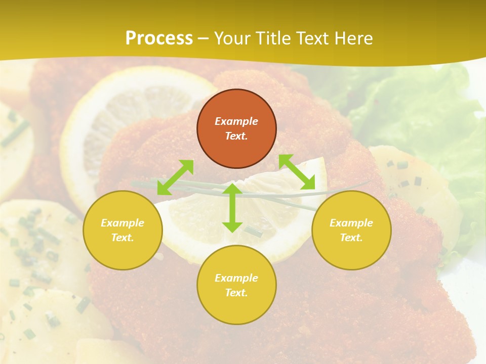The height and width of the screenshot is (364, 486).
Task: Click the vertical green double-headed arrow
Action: [x=232, y=208]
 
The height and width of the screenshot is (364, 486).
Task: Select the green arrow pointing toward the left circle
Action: [x=175, y=177]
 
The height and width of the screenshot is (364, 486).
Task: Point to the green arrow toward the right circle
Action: [x=297, y=172]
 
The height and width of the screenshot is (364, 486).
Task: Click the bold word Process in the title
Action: [x=159, y=38]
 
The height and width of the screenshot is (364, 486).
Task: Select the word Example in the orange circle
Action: [x=236, y=121]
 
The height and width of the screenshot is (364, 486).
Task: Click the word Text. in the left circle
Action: [x=123, y=238]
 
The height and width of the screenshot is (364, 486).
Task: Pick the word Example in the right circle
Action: [x=351, y=223]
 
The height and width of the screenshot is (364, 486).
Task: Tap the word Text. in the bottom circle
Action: [x=236, y=293]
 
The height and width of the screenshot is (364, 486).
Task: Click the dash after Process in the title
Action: [x=204, y=38]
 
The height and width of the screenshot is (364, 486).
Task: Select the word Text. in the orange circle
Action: [x=236, y=136]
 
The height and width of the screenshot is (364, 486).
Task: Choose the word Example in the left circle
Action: [x=123, y=223]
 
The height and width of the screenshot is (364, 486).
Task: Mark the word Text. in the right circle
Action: [x=351, y=238]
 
